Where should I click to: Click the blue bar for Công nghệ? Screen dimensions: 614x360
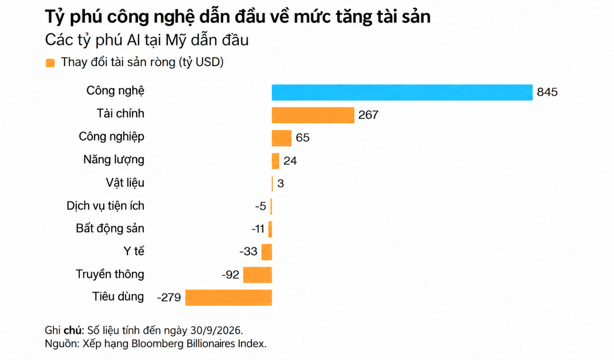(x=402, y=93)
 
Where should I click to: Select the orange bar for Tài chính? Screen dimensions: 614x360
(x=313, y=115)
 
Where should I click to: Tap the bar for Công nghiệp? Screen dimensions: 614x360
(x=281, y=138)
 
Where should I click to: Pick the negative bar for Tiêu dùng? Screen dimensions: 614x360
(x=229, y=298)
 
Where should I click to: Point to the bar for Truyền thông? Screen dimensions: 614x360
(x=258, y=275)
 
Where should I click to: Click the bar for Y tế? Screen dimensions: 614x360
(x=267, y=252)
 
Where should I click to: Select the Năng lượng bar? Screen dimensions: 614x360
(x=275, y=161)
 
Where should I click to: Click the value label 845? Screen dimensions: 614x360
(x=547, y=92)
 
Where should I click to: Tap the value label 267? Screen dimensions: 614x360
(x=368, y=115)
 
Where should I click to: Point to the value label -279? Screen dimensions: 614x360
(x=169, y=297)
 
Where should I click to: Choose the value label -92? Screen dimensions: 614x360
(x=230, y=275)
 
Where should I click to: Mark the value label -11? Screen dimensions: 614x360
(x=258, y=229)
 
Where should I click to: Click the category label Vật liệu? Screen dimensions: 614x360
(x=125, y=183)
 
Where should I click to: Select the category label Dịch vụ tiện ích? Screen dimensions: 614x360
(x=105, y=206)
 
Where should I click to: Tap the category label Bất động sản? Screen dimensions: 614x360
(x=110, y=229)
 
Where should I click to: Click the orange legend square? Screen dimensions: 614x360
(x=50, y=63)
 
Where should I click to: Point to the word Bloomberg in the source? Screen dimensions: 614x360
(x=158, y=344)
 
